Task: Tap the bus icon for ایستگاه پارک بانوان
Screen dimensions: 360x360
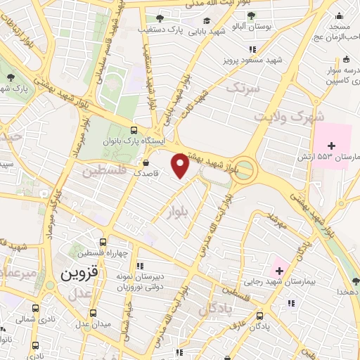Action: [x=134, y=130]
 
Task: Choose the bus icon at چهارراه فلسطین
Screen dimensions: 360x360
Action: [x=103, y=241]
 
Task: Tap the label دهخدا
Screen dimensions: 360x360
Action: [x=347, y=290]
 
